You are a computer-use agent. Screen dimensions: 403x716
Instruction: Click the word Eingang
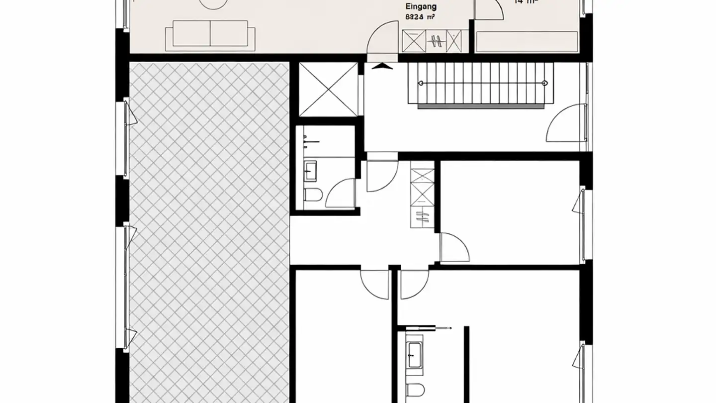(421, 6)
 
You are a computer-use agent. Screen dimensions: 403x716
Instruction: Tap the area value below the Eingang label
(421, 16)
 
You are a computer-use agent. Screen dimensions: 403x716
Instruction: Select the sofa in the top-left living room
(210, 35)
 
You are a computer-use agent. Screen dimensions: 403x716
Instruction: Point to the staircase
(480, 83)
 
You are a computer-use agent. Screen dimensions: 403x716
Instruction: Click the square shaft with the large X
(328, 89)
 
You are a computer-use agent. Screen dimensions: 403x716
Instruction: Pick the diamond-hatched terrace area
(209, 229)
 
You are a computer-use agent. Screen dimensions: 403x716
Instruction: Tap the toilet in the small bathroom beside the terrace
(313, 195)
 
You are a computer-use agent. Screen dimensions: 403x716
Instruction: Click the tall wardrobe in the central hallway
(422, 198)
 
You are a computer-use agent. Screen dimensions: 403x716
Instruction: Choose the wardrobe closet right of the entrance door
(435, 41)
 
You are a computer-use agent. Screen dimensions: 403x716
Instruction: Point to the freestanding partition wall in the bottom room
(466, 363)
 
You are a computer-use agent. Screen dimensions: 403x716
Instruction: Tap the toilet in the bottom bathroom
(414, 391)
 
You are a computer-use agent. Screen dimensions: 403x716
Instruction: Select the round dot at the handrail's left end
(421, 83)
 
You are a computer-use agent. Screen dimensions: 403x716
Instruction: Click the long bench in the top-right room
(527, 41)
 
